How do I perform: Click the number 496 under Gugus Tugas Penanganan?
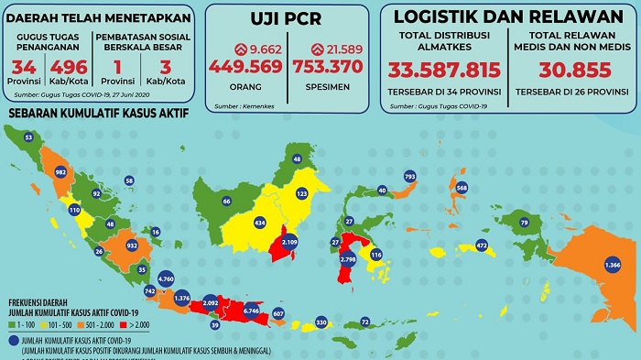[67, 68]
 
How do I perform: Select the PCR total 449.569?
[245, 65]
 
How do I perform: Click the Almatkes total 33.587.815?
[444, 71]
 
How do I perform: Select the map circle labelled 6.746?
[250, 311]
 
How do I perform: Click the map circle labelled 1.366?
[614, 265]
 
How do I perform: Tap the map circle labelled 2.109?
[289, 242]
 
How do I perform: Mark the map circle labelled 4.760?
[166, 277]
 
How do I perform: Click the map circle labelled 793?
[409, 175]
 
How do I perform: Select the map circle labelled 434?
[259, 223]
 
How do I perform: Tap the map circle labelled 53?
[28, 137]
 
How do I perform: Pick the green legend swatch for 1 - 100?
[12, 323]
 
